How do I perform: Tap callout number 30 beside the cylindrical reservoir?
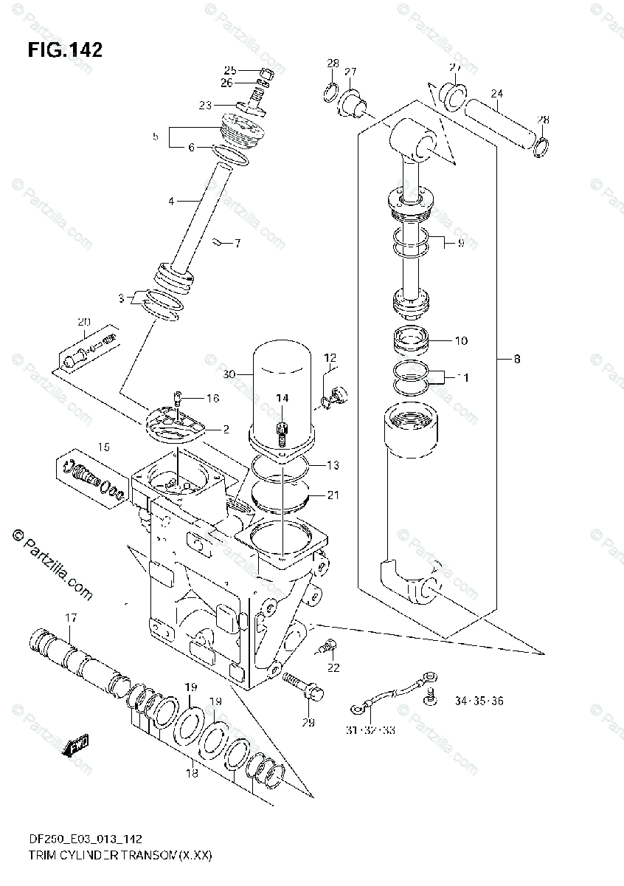(x=229, y=374)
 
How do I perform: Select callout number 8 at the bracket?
(x=516, y=360)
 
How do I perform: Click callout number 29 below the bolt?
(x=308, y=722)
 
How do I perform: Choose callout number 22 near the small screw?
(x=333, y=668)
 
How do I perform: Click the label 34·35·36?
(x=479, y=701)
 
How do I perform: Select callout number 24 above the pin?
(x=496, y=94)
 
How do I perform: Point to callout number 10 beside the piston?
(x=461, y=341)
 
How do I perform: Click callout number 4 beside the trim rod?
(x=171, y=200)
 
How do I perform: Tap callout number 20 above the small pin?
(x=83, y=321)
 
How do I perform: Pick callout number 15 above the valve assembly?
(x=103, y=447)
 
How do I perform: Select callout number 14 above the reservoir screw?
(x=282, y=399)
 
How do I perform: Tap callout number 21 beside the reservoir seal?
(x=333, y=495)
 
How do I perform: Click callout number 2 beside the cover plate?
(x=226, y=429)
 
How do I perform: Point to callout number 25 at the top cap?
(x=229, y=70)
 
